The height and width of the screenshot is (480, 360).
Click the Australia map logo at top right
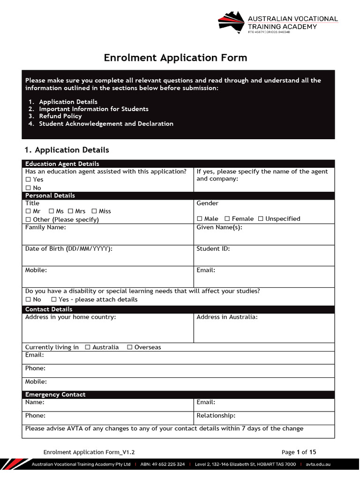coord(232,22)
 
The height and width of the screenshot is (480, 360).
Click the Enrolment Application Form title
coord(175,58)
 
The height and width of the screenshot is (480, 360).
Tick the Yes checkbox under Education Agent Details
coord(28,180)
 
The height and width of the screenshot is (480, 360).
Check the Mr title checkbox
coord(28,211)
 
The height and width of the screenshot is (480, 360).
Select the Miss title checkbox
coord(94,211)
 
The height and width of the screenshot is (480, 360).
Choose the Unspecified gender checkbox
coord(261,219)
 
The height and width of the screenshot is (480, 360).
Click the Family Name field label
coord(45,227)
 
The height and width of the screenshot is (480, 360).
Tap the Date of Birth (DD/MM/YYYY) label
coord(68,249)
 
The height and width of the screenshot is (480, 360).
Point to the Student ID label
coord(213,249)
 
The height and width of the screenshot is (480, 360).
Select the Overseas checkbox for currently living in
coord(130,347)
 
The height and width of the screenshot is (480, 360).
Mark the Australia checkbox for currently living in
coord(88,347)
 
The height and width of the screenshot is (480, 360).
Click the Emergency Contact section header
coord(55,395)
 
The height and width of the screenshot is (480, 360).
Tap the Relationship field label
coord(216,416)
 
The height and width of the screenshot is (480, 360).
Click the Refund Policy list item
coord(60,116)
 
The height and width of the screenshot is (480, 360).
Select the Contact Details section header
coord(49,309)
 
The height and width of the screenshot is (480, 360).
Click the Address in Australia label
coord(227,317)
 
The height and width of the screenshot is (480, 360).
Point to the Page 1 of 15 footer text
coord(299,452)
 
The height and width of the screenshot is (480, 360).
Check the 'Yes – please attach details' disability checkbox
coord(54,300)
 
